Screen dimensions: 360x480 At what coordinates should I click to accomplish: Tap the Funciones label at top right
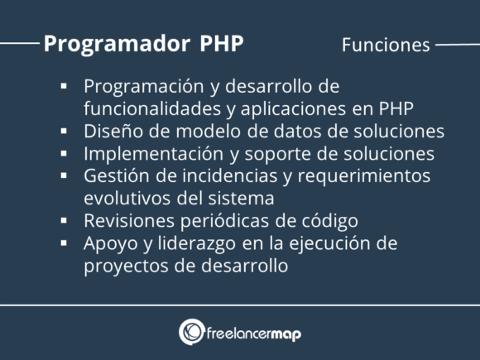tap(386, 45)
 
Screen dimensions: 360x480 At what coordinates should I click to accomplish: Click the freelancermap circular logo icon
tap(192, 332)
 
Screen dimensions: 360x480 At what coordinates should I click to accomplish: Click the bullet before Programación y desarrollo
tap(64, 86)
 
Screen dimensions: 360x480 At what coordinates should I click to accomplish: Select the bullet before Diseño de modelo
tap(64, 131)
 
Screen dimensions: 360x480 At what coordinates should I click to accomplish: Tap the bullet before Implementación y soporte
tap(64, 153)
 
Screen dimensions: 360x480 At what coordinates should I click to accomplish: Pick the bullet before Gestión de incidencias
tap(64, 175)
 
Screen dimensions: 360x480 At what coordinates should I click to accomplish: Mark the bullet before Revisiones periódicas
tap(64, 221)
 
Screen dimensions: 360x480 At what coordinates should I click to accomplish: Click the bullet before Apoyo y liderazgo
tap(64, 243)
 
